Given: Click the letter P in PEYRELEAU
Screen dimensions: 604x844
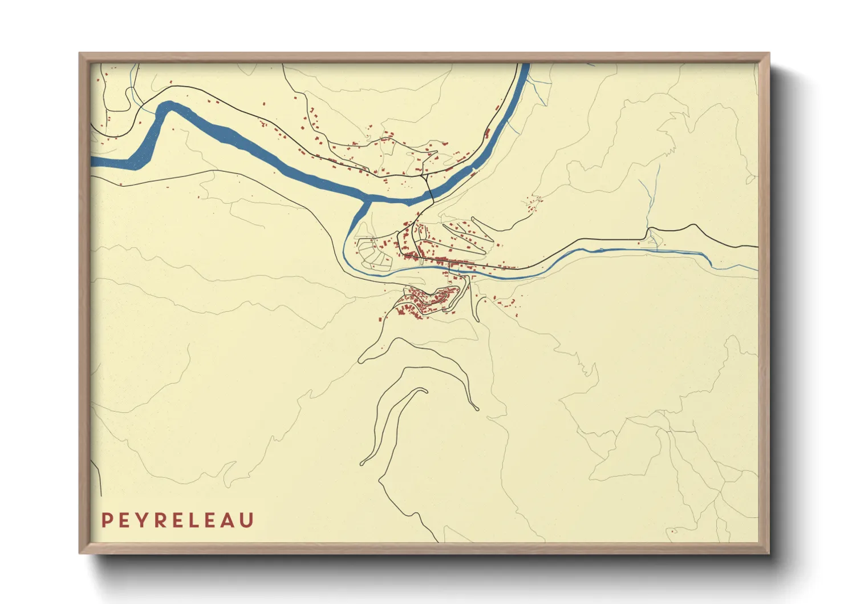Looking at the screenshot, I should coord(106,520).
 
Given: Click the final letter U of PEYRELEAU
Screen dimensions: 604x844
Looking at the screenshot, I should coord(247,520).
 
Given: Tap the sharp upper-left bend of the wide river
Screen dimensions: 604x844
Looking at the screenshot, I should coord(166,106).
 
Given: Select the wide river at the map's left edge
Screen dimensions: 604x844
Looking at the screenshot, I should coord(95,162).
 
